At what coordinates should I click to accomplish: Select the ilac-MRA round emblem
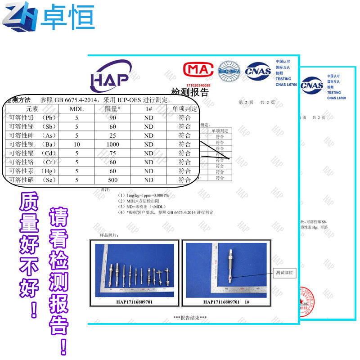229,71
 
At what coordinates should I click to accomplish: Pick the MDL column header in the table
77,109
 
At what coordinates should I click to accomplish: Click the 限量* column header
112,109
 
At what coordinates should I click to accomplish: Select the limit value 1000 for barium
112,144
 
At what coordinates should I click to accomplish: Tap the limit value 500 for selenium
112,180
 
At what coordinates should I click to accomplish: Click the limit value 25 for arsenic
112,135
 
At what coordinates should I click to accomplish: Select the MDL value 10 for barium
77,144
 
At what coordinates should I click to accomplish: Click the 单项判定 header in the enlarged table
184,109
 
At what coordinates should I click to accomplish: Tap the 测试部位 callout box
284,273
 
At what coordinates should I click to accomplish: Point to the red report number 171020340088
198,85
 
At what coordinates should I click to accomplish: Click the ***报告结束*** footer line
190,318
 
